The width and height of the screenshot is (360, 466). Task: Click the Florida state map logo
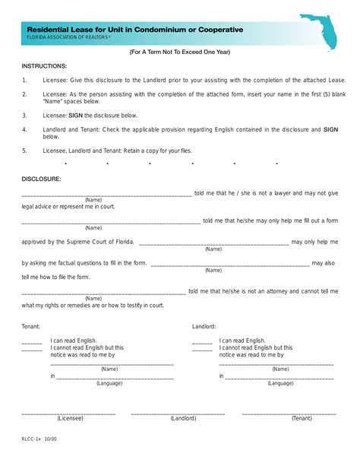click(320, 32)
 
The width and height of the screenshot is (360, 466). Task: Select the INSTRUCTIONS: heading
click(44, 66)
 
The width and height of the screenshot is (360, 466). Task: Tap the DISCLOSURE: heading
click(41, 179)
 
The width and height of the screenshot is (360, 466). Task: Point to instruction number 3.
click(24, 116)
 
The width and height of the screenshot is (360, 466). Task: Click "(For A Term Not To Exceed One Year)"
click(179, 52)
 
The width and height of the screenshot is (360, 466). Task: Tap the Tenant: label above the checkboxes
click(31, 326)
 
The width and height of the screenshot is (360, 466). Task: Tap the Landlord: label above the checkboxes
click(204, 326)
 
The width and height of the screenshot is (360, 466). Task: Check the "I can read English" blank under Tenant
click(31, 343)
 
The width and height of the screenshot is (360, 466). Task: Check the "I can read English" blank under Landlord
click(202, 343)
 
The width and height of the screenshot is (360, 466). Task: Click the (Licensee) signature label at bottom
click(70, 418)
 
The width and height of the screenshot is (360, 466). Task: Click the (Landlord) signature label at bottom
click(183, 418)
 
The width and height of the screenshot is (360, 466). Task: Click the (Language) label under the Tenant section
click(109, 383)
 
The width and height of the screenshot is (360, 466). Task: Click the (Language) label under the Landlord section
click(280, 383)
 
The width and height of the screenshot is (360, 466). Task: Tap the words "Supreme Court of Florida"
click(102, 242)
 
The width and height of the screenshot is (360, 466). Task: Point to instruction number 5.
click(24, 151)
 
